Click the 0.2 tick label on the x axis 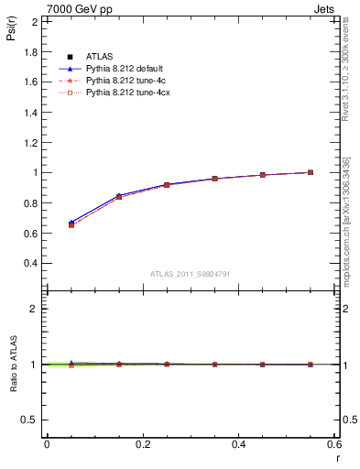tap(142, 443)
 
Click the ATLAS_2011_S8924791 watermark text tap(191, 273)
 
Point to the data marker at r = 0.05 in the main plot tap(71, 224)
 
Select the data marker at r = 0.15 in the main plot tap(119, 197)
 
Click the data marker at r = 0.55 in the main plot tap(311, 172)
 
